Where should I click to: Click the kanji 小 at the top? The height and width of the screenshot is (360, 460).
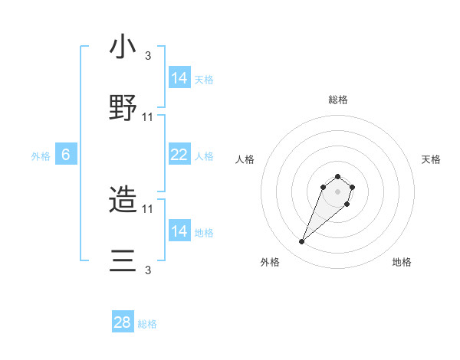coord(123,47)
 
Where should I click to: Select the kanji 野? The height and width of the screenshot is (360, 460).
coord(123,108)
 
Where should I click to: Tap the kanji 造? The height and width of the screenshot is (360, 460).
coord(123,201)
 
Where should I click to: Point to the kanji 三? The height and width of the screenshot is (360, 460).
coord(123,260)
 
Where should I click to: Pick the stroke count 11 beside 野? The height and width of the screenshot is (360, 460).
coord(148,116)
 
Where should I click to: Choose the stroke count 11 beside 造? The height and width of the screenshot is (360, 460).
coord(148,208)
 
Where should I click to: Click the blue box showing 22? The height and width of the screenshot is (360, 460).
coord(179,155)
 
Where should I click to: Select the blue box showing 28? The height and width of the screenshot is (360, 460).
coord(123,322)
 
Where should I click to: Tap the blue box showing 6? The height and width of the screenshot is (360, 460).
coord(66,155)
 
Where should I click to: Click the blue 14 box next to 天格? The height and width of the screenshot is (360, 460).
coord(179,78)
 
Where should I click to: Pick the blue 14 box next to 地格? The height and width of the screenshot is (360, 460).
coord(179,231)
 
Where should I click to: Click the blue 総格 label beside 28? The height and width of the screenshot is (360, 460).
coord(147,324)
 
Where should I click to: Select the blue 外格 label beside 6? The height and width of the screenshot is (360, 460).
coord(41,156)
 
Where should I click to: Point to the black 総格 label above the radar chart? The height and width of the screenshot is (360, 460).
coord(338,100)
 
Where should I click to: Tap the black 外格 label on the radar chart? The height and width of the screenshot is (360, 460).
coord(270,262)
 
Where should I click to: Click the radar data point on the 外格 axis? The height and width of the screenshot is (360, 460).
coord(301,242)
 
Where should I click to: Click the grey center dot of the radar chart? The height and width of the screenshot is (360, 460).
coord(337,191)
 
